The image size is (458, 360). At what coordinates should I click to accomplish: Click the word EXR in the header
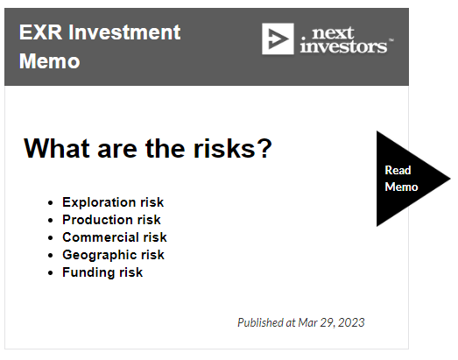coord(40,32)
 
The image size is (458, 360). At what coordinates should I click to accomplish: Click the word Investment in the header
coord(124,32)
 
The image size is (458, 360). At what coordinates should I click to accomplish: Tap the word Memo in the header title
coord(49,61)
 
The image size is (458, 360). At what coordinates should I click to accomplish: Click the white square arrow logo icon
coord(278,39)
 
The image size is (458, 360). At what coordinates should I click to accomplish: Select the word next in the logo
coord(333,33)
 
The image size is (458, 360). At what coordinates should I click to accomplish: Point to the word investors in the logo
coord(343,46)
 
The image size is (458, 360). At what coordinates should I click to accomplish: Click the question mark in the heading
coord(265,148)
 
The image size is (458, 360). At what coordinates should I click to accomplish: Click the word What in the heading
coord(56,148)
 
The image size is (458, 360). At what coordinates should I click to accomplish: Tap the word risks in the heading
coord(224,148)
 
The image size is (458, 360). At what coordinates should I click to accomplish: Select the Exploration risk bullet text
coord(113,202)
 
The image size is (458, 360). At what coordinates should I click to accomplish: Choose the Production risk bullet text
coord(111,220)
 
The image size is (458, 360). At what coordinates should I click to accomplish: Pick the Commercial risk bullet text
coord(115,237)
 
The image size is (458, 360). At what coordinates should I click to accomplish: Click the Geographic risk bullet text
coord(113,255)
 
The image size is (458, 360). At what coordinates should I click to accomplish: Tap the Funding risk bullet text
coord(102,272)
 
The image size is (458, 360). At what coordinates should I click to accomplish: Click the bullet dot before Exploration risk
coord(51,203)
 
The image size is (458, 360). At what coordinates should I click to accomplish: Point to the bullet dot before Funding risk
coord(51,273)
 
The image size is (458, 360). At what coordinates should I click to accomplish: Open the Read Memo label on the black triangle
coord(401,179)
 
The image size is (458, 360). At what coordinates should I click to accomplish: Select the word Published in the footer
coord(261,322)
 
